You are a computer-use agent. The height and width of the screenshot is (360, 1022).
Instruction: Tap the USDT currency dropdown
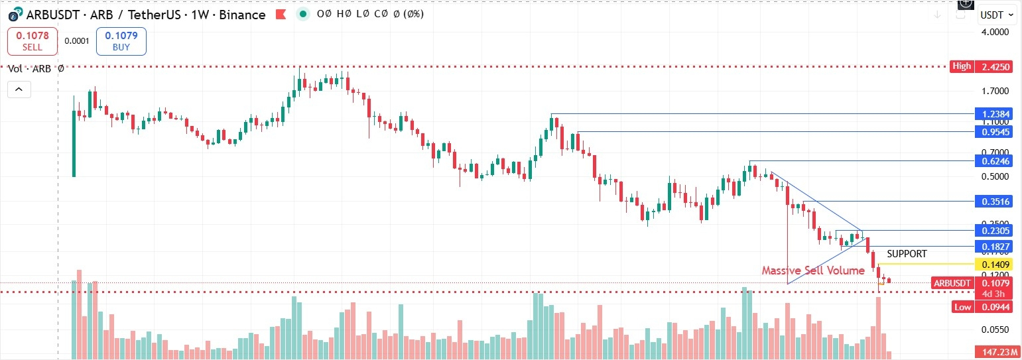(997, 15)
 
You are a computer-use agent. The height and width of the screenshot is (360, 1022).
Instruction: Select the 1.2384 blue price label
(992, 114)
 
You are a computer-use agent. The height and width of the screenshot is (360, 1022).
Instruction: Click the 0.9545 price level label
(992, 132)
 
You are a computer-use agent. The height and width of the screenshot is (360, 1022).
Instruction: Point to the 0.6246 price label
(992, 161)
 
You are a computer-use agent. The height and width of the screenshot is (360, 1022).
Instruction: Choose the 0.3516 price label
(992, 201)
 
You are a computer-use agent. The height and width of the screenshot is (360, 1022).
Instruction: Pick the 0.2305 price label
(992, 231)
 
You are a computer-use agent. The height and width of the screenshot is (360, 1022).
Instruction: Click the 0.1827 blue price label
(992, 247)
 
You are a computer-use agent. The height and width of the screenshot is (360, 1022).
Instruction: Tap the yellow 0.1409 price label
(992, 265)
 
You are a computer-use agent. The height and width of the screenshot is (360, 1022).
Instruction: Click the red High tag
(962, 66)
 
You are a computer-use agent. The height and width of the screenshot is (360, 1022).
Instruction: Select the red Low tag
(962, 307)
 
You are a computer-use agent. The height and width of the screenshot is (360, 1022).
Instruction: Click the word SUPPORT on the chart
(907, 254)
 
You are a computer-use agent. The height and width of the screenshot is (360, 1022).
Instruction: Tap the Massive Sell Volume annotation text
(812, 270)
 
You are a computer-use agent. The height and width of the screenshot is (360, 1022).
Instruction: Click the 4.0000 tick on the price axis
(995, 32)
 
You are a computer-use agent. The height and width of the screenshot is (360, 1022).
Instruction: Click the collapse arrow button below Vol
(19, 89)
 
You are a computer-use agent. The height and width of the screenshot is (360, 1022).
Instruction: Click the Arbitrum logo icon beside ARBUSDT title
(14, 15)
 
